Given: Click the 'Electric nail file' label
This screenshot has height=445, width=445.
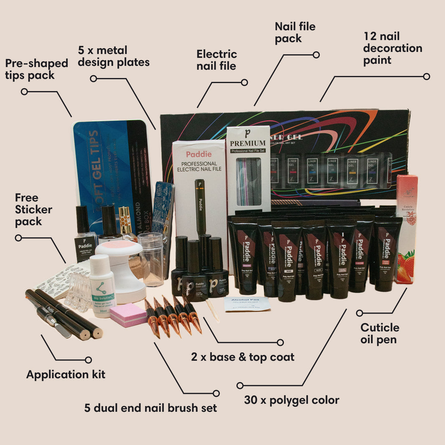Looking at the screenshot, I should click(217, 60).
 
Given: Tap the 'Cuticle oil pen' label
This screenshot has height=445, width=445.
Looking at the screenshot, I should click(380, 333).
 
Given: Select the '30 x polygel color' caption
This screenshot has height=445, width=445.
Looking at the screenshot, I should click(291, 400).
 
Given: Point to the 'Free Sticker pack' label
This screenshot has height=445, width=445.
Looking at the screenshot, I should click(33, 210).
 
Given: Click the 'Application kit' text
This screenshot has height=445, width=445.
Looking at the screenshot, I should click(66, 374).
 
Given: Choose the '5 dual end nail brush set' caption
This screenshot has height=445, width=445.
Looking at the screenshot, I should click(150, 407).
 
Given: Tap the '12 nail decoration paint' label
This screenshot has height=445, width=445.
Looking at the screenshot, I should click(392, 48).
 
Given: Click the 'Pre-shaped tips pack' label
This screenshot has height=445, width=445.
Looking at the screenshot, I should click(36, 69).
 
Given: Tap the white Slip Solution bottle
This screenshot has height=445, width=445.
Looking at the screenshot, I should click(102, 286).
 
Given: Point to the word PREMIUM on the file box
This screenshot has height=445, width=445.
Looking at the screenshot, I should click(248, 143).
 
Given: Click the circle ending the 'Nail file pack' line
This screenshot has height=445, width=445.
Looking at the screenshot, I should click(316, 55).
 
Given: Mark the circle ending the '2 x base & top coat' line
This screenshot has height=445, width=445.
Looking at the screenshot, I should click(280, 342).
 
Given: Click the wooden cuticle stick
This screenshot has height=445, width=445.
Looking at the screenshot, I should click(212, 311).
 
